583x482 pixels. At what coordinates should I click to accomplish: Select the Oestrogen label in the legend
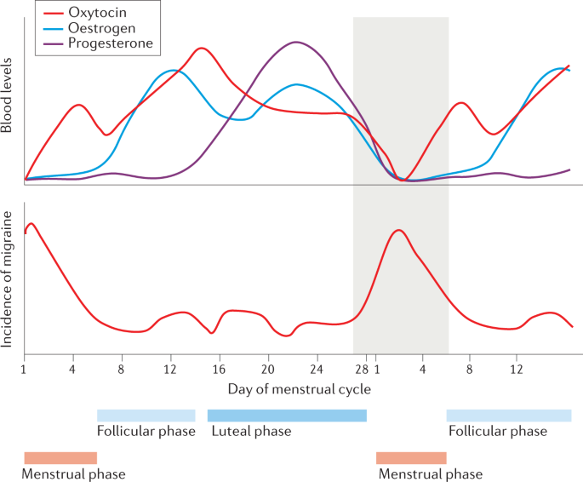point(105,28)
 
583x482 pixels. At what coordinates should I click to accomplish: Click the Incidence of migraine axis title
point(8,274)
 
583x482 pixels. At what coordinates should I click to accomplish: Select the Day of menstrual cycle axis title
point(299,389)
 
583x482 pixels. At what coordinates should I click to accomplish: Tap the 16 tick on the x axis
point(220,370)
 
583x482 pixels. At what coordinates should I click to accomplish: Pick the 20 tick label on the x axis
point(268,370)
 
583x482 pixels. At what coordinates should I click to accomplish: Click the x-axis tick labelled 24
point(317,370)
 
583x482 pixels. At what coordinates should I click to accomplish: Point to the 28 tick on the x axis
point(361,370)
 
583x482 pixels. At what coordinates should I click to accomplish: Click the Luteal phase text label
point(251,431)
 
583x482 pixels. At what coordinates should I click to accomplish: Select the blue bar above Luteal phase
point(287,416)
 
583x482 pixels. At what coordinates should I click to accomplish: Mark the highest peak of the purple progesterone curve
point(295,42)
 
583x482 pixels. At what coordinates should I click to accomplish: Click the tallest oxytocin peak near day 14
point(202,49)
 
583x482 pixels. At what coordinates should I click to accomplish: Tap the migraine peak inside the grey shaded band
point(397,230)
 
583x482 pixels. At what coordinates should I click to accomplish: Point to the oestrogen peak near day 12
point(173,70)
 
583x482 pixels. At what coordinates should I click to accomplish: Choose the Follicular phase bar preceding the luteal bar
point(146,416)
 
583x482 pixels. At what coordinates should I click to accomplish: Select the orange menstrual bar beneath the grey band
point(411,458)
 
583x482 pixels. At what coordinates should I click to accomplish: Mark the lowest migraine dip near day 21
point(286,336)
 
